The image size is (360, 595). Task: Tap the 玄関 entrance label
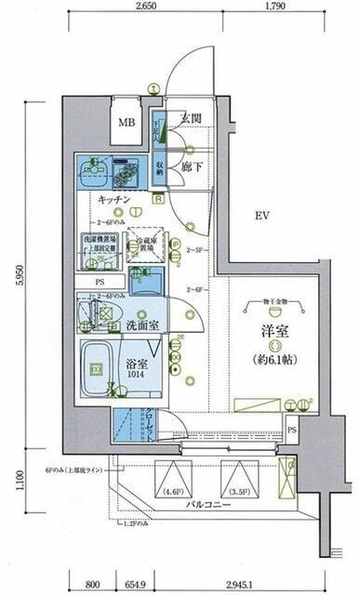click(x=191, y=117)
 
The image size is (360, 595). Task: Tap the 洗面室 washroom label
click(x=145, y=325)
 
